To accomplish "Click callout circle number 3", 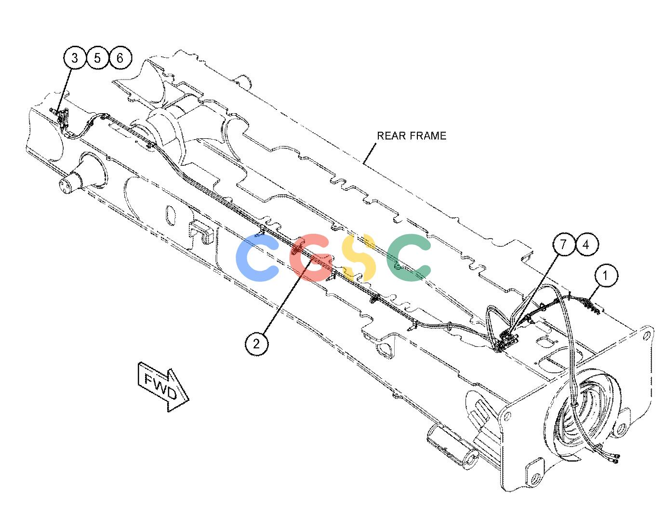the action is coord(75,58).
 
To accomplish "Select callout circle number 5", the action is coord(97,58).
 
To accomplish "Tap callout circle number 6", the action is coord(120,58).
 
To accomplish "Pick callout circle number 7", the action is coord(563,244).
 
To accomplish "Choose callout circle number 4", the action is coord(586,245).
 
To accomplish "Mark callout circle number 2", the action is coord(256,344).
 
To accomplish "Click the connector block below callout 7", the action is coord(507,341).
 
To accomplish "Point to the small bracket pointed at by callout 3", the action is coord(64,118).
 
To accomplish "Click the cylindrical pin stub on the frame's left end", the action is coord(71,182).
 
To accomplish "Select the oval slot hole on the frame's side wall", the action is coord(170,216).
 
